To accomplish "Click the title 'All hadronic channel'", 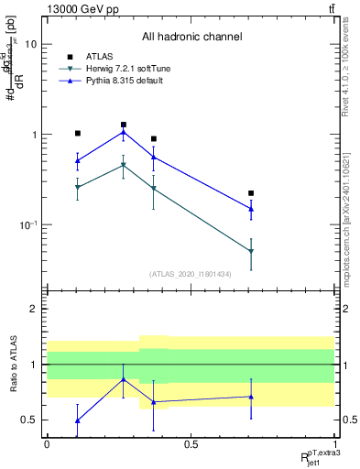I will (191, 38).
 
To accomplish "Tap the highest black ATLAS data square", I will (124, 125).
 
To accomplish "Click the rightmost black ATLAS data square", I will (251, 193).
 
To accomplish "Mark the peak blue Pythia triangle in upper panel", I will (124, 132).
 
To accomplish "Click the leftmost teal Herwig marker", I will (78, 188).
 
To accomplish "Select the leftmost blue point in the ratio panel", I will (78, 420).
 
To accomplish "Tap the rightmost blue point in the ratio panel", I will (251, 397).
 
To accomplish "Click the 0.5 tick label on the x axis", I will (191, 443).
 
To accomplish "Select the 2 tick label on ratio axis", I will (33, 310).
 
